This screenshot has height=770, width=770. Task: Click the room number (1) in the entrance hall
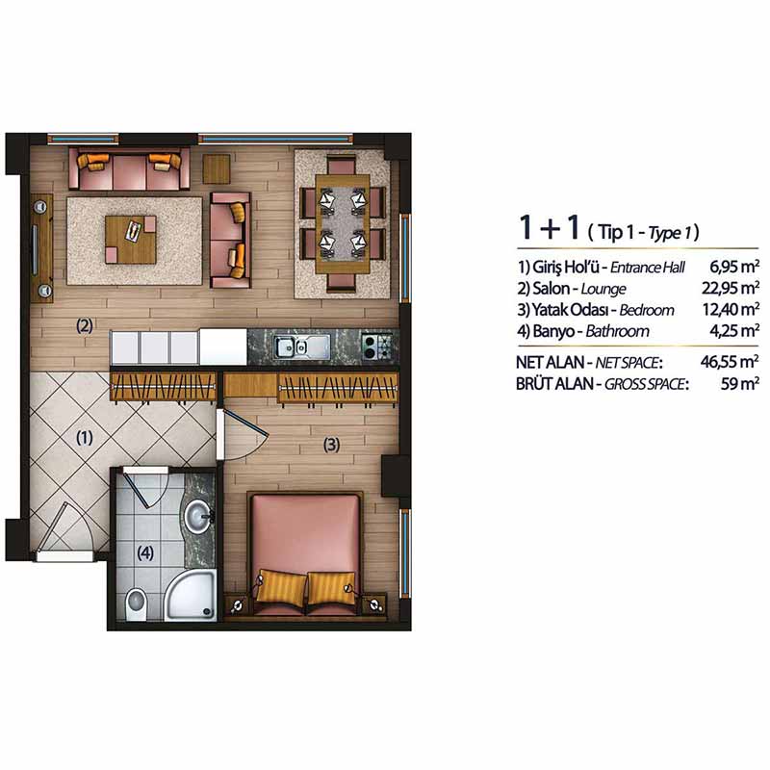pos(85,438)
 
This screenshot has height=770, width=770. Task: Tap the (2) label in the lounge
pos(85,325)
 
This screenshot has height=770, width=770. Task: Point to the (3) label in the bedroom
pos(331,445)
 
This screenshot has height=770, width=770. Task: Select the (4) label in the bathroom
pos(145,553)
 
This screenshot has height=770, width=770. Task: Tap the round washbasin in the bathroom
pos(199,517)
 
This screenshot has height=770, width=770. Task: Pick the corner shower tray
pos(191,596)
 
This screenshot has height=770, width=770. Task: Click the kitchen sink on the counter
pos(301,347)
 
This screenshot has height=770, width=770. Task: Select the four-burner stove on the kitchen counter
pos(377,346)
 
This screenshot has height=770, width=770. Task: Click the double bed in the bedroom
pos(306,554)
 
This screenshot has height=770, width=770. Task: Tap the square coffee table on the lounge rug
pos(131,240)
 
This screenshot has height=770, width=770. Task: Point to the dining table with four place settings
pos(343,224)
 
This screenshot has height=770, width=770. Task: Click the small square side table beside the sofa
pos(217,169)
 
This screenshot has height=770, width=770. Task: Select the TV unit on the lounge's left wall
pos(41,248)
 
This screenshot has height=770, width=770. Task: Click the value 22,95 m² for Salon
pos(731,288)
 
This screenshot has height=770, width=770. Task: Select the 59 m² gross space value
pos(740,383)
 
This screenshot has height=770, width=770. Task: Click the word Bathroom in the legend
pos(617,331)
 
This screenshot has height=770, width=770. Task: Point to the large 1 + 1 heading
pos(550,228)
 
